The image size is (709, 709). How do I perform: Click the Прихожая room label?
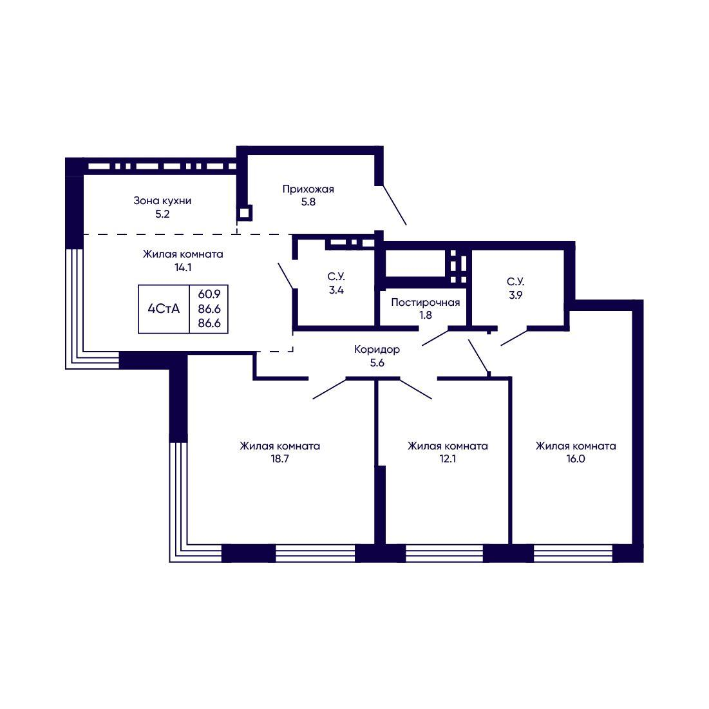[308, 189]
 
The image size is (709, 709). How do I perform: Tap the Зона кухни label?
[162, 201]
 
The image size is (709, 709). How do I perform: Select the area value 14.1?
[183, 267]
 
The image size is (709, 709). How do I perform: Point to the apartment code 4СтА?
[164, 309]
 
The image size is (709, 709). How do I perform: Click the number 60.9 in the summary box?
[209, 294]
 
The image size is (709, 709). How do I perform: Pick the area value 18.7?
[280, 459]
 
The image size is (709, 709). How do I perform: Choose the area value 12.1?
[448, 459]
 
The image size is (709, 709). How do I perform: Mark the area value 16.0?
[576, 459]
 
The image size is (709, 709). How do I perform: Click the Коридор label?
[377, 350]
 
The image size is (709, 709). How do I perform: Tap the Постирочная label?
[426, 303]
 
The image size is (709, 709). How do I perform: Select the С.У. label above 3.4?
[336, 277]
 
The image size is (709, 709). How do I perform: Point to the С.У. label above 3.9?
[515, 282]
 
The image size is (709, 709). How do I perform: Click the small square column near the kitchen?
[245, 213]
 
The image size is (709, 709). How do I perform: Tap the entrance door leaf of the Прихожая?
[394, 205]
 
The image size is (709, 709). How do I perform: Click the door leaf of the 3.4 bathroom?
[286, 276]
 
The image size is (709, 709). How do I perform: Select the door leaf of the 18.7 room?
[329, 389]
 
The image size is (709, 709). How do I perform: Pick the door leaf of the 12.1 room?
[415, 389]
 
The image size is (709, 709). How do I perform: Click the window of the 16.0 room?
[573, 553]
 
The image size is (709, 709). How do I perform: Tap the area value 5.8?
[308, 202]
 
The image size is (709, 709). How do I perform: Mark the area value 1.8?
[426, 315]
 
